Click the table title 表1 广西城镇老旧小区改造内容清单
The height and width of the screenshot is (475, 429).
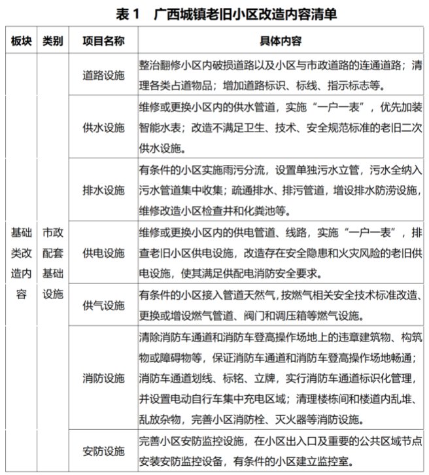[x=214, y=12]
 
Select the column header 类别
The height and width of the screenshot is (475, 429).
[x=53, y=41]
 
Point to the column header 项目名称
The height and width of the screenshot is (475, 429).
[x=103, y=41]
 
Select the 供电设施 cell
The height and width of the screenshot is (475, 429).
[x=103, y=253]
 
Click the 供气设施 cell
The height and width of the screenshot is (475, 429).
[x=103, y=306]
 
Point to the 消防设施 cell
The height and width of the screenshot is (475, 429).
[x=103, y=378]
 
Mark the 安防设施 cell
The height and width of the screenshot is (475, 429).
[x=103, y=451]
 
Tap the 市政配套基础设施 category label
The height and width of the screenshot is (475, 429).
[x=53, y=263]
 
